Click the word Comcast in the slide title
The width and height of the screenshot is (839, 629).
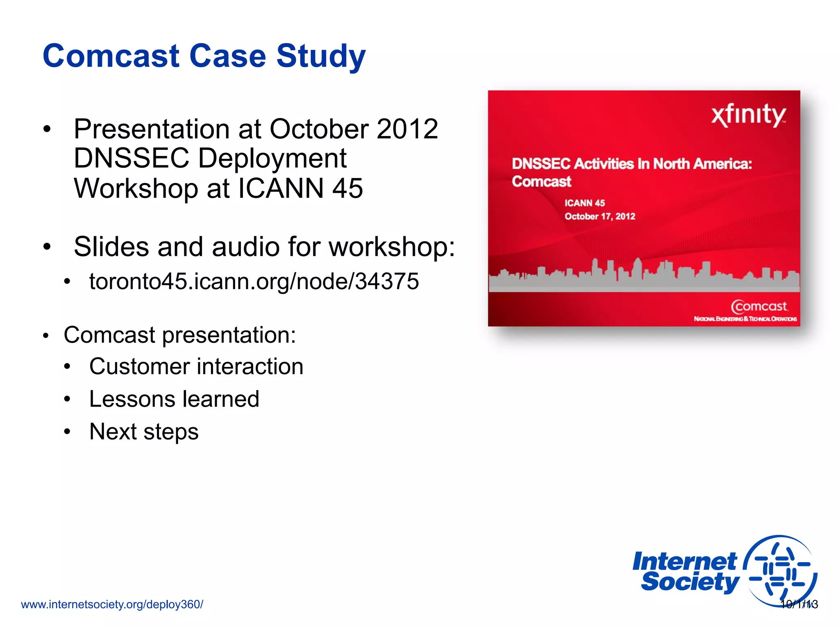(x=111, y=56)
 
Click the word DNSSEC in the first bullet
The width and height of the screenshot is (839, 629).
(x=132, y=158)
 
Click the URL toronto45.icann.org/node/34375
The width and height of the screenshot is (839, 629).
(x=254, y=281)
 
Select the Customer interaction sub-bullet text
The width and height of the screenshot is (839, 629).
(x=196, y=366)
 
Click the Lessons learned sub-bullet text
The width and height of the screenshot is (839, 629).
(x=174, y=399)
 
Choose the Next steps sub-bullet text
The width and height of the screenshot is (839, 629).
(x=144, y=432)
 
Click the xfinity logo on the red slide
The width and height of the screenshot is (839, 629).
(x=748, y=115)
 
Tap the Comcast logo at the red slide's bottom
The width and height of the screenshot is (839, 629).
(x=759, y=307)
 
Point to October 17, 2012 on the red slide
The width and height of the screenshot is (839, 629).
(x=600, y=216)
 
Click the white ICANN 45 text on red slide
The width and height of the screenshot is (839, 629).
(x=585, y=203)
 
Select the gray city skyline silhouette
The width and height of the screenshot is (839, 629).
(x=643, y=276)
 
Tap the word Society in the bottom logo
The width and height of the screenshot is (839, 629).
(x=690, y=582)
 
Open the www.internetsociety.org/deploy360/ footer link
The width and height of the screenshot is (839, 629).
(x=112, y=604)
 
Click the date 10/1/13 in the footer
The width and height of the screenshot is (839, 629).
(x=799, y=604)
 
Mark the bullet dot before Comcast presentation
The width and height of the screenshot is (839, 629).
(x=46, y=336)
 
